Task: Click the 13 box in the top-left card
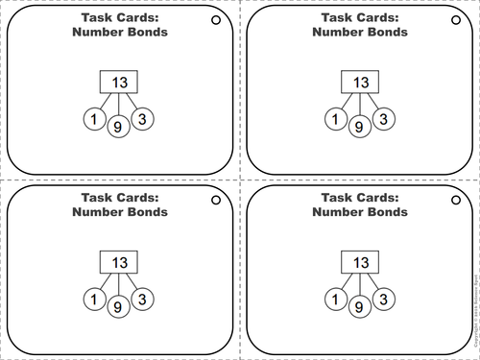pyautogui.click(x=118, y=82)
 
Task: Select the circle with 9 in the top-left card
pyautogui.click(x=119, y=126)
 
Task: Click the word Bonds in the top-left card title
pyautogui.click(x=146, y=32)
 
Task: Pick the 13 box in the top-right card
pyautogui.click(x=358, y=82)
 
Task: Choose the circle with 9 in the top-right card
pyautogui.click(x=359, y=126)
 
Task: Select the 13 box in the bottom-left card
pyautogui.click(x=118, y=261)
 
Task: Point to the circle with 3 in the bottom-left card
pyautogui.click(x=142, y=300)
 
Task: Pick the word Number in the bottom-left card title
pyautogui.click(x=96, y=211)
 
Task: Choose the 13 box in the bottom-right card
pyautogui.click(x=358, y=261)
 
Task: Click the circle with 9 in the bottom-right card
pyautogui.click(x=359, y=306)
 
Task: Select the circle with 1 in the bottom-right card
pyautogui.click(x=335, y=300)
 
